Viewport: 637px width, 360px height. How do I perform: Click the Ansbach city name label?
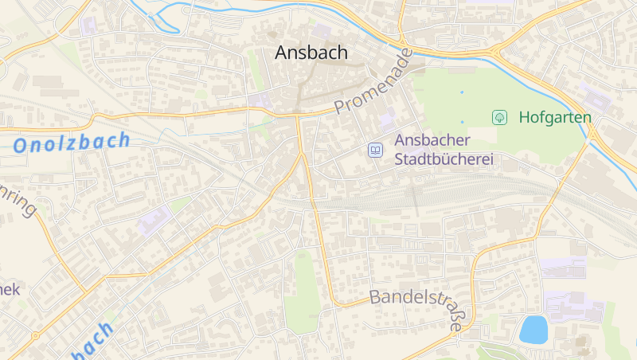pos(311,53)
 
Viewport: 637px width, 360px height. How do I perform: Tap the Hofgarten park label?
pos(555,117)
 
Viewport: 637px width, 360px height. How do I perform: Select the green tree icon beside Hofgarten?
pos(499,117)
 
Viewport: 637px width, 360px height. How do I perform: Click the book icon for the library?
pos(374,149)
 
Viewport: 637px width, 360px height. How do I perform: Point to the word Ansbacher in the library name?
pos(433,140)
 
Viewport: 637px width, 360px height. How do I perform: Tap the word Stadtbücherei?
pos(444,158)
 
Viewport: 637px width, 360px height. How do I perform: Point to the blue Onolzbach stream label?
pos(72,143)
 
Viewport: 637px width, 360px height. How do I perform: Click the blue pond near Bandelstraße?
pos(533,329)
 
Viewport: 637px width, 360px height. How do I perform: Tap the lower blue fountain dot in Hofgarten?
pos(461,121)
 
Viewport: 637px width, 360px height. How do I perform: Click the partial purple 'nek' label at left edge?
pos(10,288)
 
